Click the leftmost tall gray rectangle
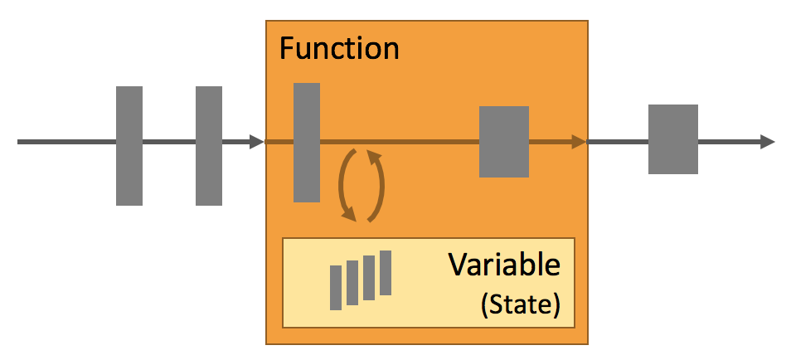click(x=129, y=145)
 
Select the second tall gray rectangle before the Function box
click(x=209, y=145)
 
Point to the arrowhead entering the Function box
click(x=256, y=142)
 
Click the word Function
click(x=338, y=48)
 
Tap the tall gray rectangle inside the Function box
click(x=307, y=142)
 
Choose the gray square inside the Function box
click(x=504, y=142)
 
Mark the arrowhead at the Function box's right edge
click(x=578, y=142)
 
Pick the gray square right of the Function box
click(x=673, y=139)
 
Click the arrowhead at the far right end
click(x=767, y=142)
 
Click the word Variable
click(x=504, y=266)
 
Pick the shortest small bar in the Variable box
click(x=336, y=287)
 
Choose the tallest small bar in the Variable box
click(x=386, y=272)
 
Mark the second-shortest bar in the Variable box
click(x=352, y=282)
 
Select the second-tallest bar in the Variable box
click(x=369, y=277)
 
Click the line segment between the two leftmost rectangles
click(x=169, y=142)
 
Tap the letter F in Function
click(x=287, y=48)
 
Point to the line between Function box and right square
click(x=618, y=142)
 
